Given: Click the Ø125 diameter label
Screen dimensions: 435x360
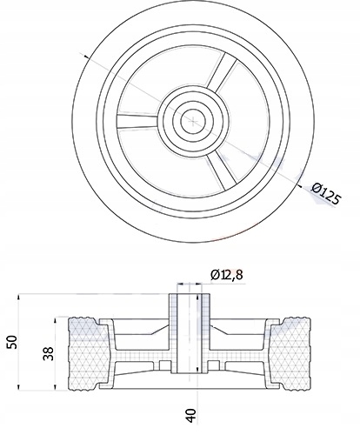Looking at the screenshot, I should (325, 192).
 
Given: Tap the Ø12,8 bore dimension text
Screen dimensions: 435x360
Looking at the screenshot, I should (228, 275).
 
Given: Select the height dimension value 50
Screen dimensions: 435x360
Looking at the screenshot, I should (11, 340).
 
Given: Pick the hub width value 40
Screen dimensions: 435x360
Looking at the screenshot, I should (190, 416).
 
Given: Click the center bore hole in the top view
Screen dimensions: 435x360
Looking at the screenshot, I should (189, 120).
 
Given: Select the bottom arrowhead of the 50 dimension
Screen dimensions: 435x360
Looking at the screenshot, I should (18, 388).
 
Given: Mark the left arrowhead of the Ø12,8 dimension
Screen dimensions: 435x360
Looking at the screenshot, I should (177, 284).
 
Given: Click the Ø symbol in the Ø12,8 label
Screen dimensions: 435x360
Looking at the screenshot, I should (215, 275).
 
